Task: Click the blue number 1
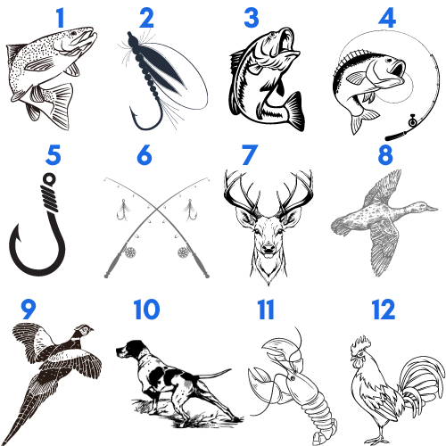coord(61,18)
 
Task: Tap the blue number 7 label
coord(250,155)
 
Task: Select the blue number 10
coord(146,310)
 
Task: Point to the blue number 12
coord(384,310)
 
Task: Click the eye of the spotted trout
coord(74,33)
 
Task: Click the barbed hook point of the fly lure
coord(133,113)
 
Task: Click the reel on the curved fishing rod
coord(412,121)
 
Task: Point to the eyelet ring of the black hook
coord(49,179)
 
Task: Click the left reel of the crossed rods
coord(130,252)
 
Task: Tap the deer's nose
coord(268,247)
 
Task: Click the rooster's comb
coord(360,343)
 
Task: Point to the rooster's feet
coord(377,439)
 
